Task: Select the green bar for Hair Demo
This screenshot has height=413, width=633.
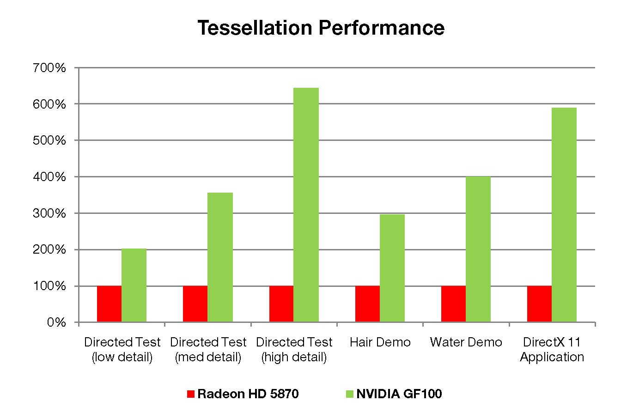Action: tap(392, 268)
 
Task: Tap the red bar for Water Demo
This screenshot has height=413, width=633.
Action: tap(453, 304)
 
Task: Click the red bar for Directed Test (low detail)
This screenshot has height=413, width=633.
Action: tap(109, 304)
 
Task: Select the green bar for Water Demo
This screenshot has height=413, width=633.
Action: tap(478, 249)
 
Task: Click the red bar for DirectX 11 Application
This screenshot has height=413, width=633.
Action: tap(539, 304)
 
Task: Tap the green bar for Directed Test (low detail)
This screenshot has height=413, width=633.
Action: tap(134, 285)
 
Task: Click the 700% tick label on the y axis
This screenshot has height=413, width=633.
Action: tap(50, 68)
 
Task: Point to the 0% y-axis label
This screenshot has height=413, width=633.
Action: tap(56, 322)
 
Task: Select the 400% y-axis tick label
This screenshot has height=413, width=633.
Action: tap(50, 177)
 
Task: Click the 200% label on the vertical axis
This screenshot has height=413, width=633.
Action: tap(50, 249)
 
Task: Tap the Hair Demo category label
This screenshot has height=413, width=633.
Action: tap(380, 342)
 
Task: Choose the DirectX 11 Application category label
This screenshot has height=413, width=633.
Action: tap(552, 350)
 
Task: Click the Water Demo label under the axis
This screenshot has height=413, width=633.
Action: tap(466, 342)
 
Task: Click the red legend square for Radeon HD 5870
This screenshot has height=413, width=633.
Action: tap(191, 394)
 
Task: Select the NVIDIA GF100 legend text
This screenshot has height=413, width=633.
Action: tap(399, 394)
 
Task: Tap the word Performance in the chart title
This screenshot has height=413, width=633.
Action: tap(382, 28)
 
